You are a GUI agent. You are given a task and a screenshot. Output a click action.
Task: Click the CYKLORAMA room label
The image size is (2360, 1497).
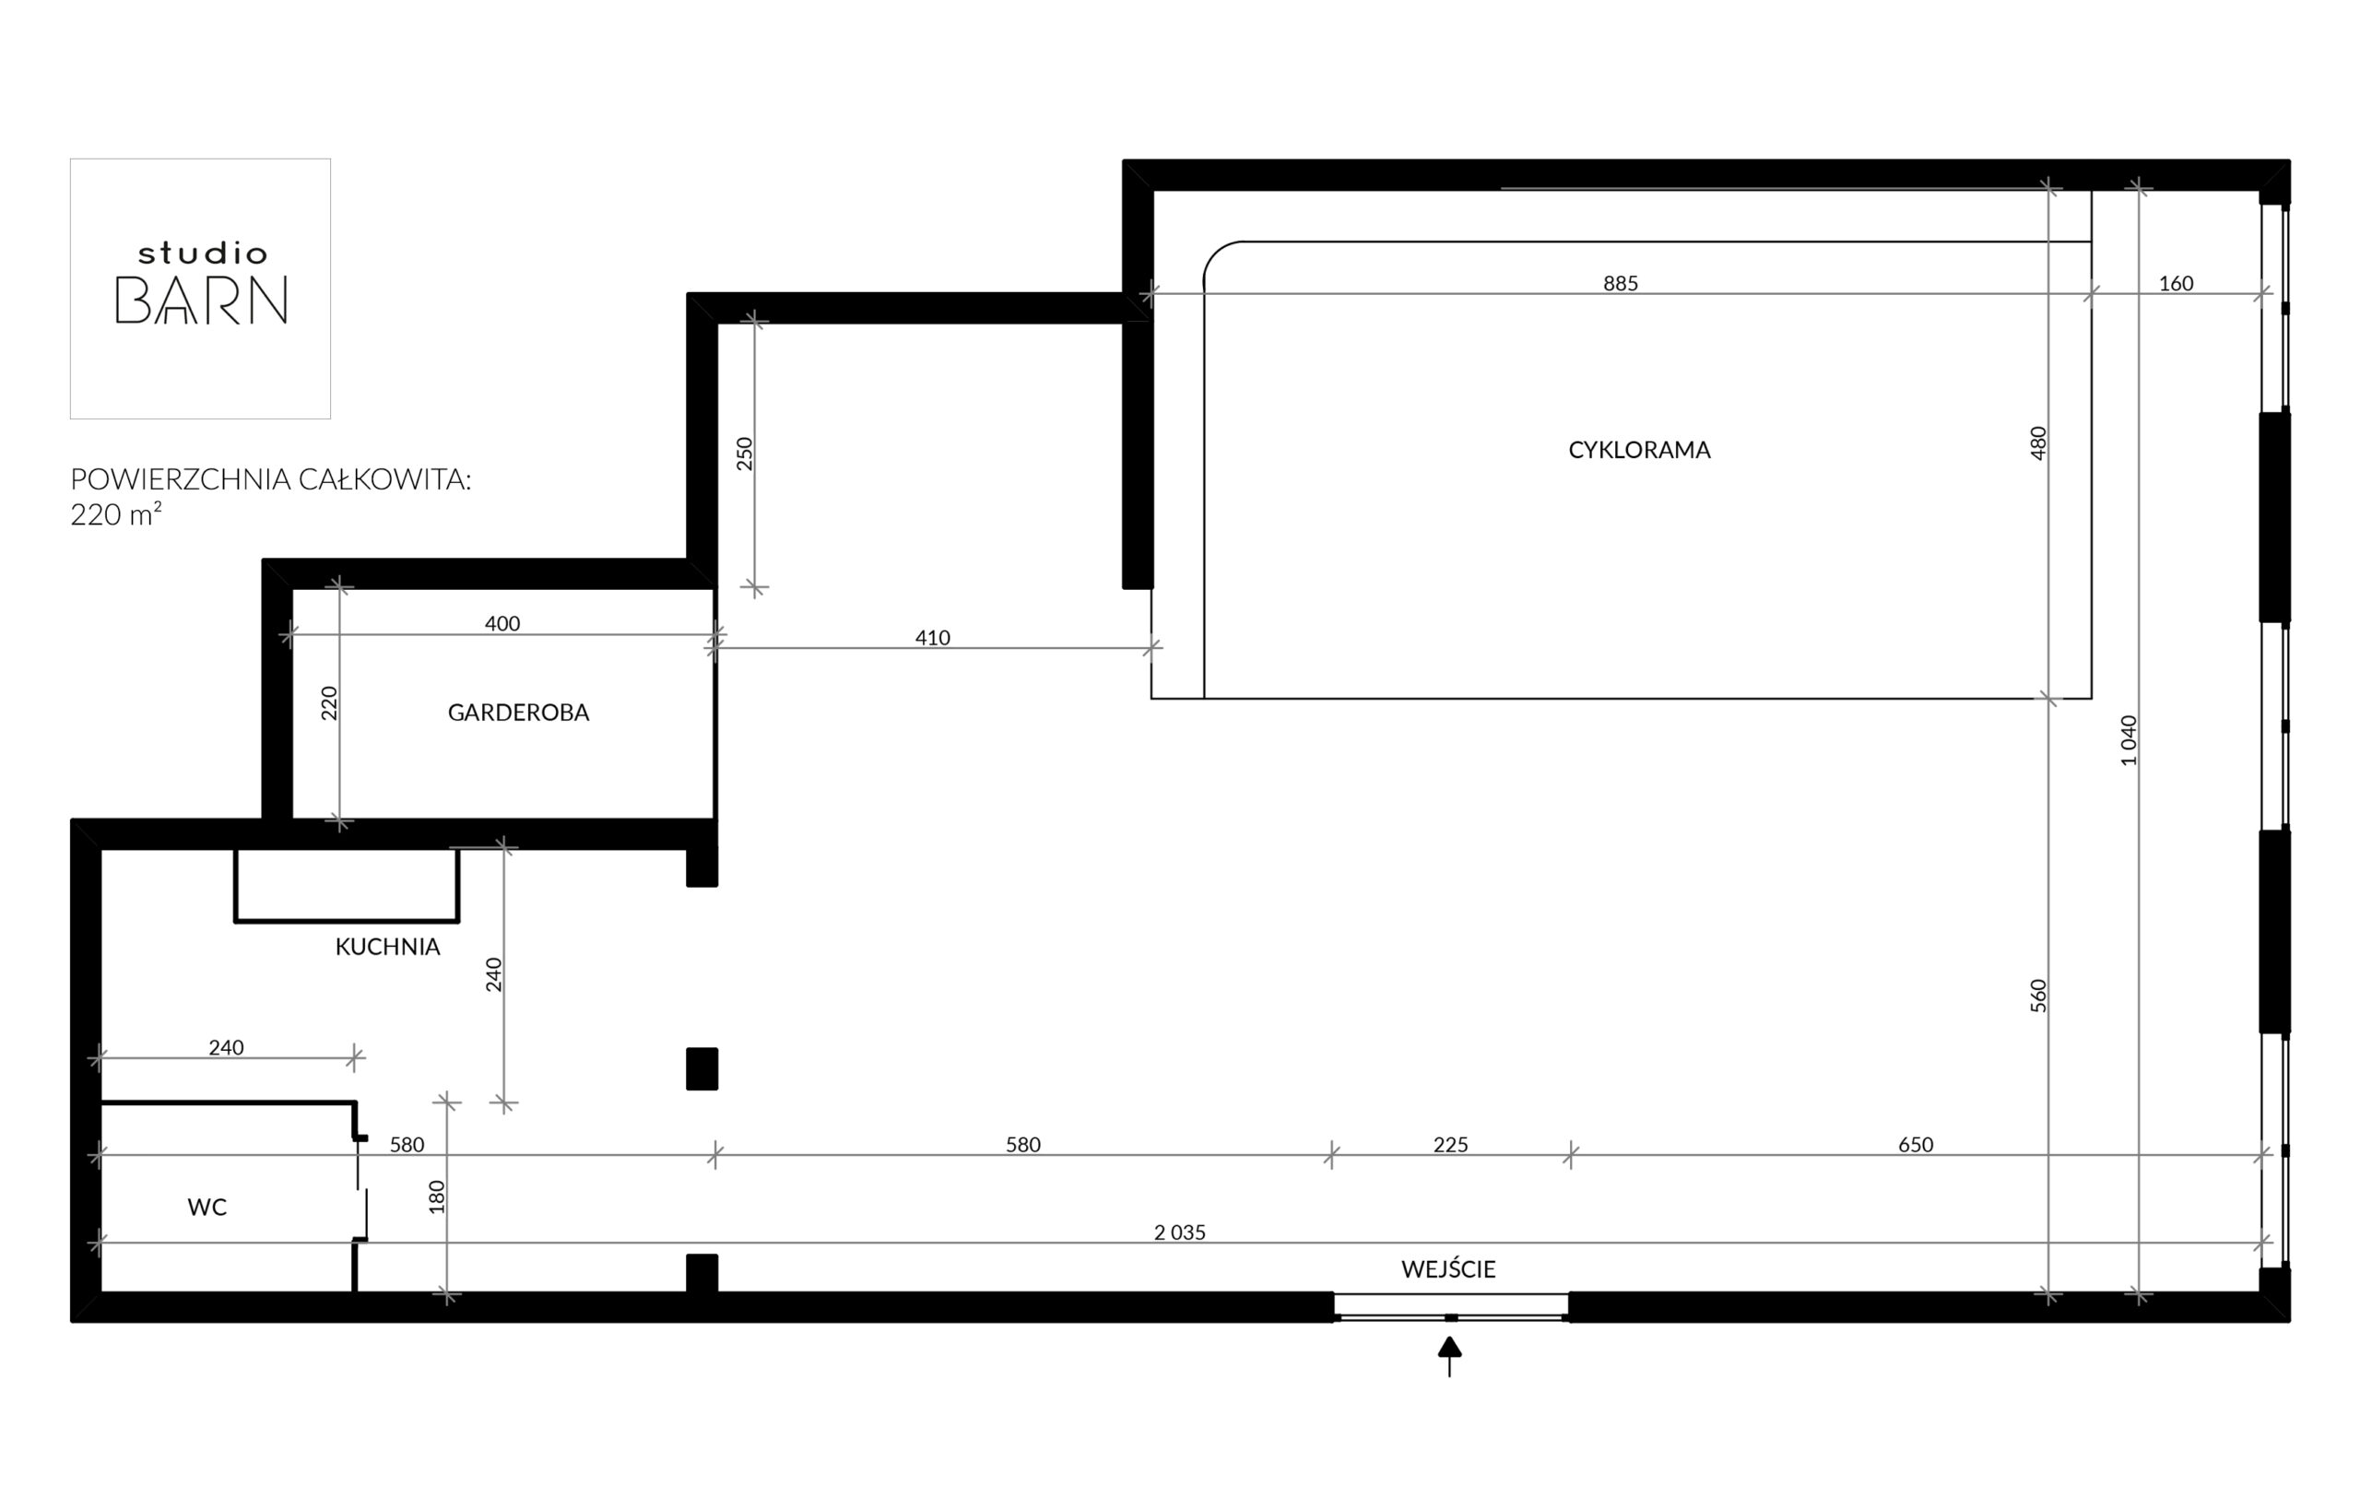click(x=1639, y=450)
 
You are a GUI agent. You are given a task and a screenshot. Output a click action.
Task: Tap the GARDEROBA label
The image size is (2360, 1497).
click(x=518, y=713)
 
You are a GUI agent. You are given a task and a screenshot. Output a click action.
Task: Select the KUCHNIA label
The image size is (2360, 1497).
click(x=387, y=948)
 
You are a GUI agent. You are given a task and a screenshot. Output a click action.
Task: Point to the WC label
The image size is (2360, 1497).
click(x=206, y=1207)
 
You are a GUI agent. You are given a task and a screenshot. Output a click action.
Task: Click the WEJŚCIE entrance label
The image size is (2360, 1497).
click(x=1448, y=1268)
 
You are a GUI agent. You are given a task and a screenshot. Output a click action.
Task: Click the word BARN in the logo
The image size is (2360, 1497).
click(x=202, y=300)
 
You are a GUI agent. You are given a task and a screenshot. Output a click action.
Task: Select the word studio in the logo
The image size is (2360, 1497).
click(x=202, y=253)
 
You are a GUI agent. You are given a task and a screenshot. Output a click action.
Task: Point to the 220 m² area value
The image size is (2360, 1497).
click(x=115, y=514)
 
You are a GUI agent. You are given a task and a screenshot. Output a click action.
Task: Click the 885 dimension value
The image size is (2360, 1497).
click(x=1620, y=283)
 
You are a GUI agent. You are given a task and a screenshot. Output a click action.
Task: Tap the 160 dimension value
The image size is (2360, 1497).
click(x=2176, y=283)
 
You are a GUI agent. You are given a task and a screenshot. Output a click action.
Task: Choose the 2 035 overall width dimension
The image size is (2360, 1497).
click(x=1180, y=1232)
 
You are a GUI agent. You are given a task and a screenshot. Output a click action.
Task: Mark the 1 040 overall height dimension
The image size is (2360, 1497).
click(x=2128, y=740)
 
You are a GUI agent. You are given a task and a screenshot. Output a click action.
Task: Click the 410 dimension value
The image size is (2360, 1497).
click(x=932, y=638)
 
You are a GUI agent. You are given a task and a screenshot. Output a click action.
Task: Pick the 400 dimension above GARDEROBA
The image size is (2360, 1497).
click(x=502, y=623)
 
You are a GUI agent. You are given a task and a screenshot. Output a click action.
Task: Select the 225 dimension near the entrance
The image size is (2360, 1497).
click(x=1450, y=1144)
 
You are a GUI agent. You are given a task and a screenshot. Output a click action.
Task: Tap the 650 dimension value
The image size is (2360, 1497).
click(x=1915, y=1144)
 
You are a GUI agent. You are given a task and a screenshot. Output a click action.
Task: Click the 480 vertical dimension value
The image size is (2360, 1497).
click(x=2037, y=442)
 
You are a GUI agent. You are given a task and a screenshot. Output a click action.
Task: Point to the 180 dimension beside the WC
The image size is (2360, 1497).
click(x=437, y=1196)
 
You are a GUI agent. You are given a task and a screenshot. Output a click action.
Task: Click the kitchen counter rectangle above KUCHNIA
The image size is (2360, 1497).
click(x=346, y=921)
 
